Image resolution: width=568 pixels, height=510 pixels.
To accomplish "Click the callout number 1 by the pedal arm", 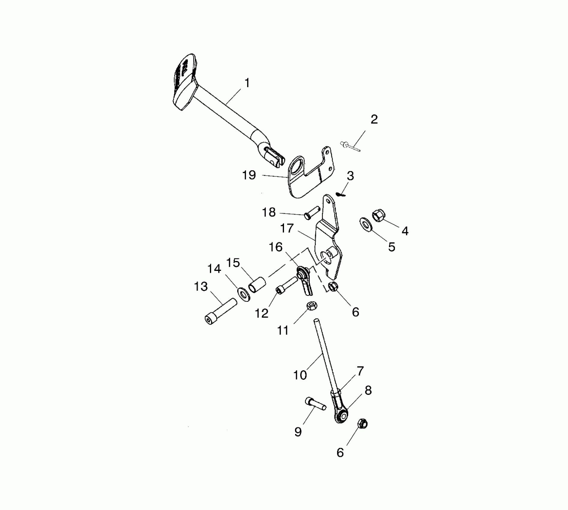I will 247,83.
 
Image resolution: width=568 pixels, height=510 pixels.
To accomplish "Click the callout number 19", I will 249,175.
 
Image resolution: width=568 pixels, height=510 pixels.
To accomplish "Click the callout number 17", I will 287,228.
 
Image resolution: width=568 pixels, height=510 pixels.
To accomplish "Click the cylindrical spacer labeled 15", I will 258,285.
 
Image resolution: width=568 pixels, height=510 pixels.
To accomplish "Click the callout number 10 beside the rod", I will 300,375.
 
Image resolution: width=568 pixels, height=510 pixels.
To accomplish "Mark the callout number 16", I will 276,247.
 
